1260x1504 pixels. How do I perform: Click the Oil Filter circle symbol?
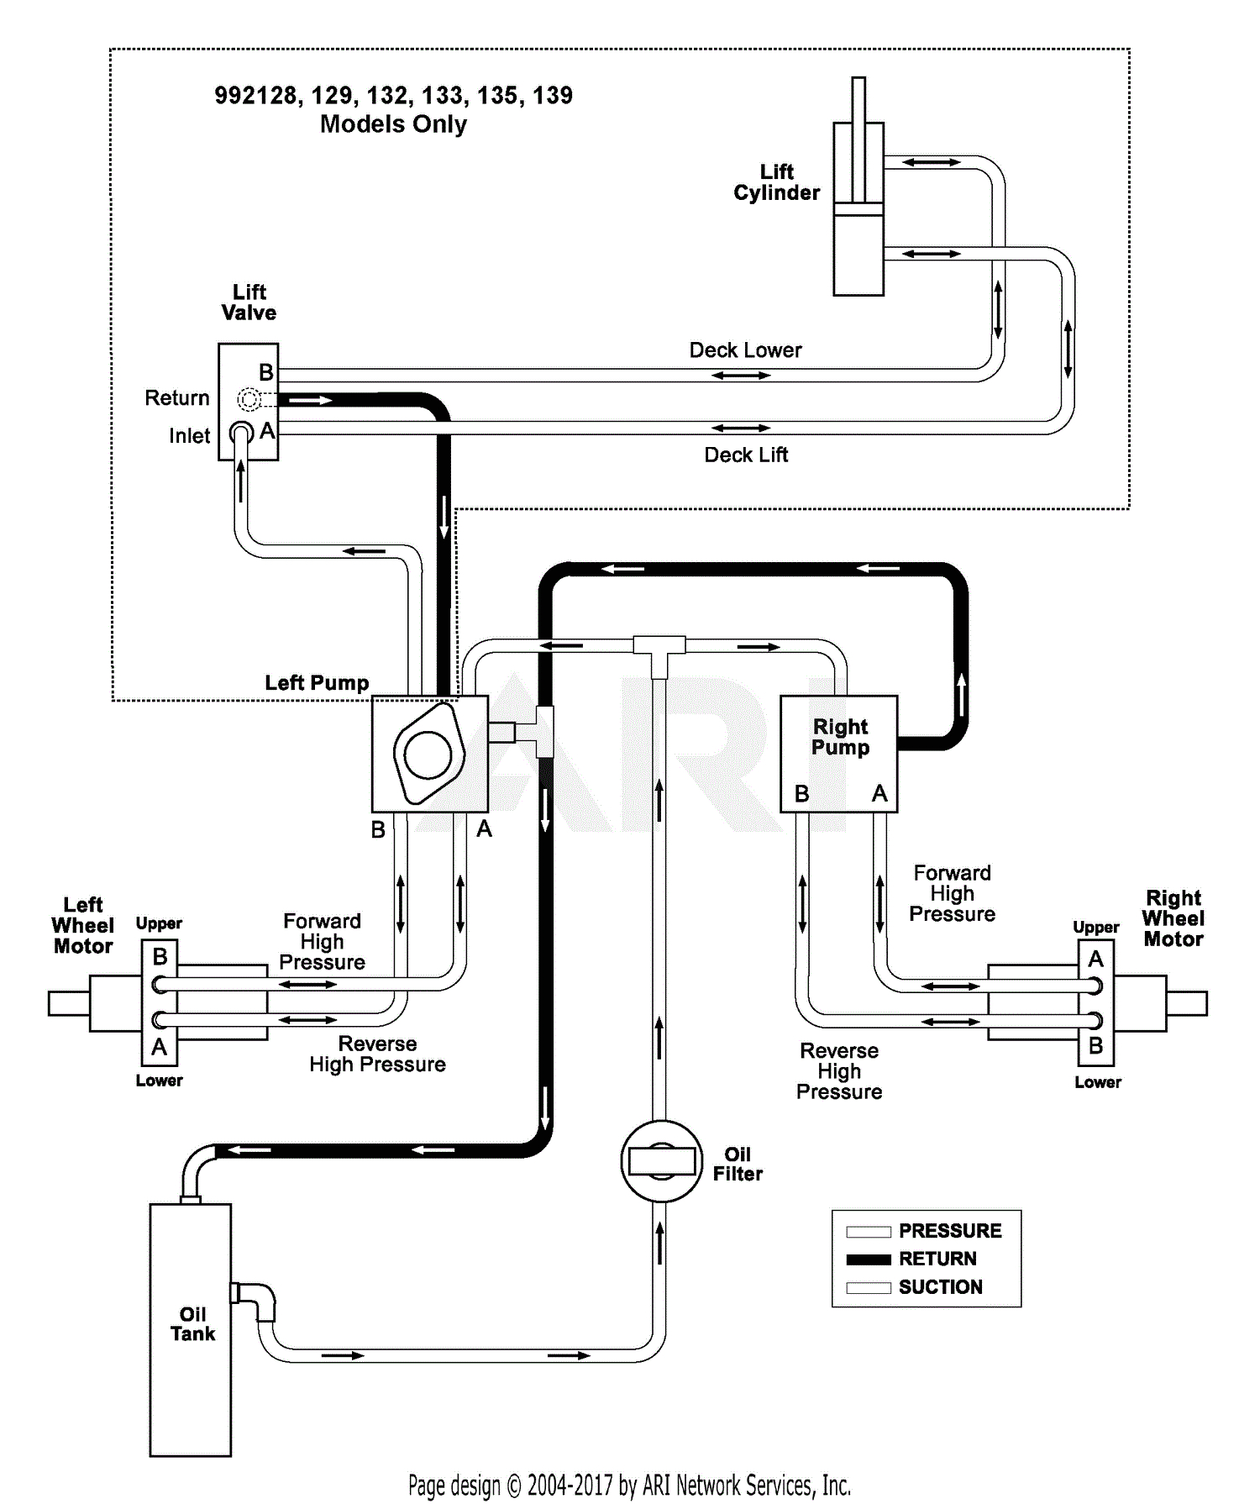pyautogui.click(x=661, y=1161)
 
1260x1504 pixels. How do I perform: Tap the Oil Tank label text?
pyautogui.click(x=192, y=1323)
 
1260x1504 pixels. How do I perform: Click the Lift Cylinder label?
pyautogui.click(x=776, y=182)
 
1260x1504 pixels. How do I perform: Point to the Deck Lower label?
pyautogui.click(x=745, y=350)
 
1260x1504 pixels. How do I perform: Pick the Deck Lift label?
pyautogui.click(x=746, y=455)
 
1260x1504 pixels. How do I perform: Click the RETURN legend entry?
pyautogui.click(x=937, y=1259)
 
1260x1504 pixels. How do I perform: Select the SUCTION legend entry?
pyautogui.click(x=939, y=1287)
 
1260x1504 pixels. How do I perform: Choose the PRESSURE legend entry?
pyautogui.click(x=949, y=1231)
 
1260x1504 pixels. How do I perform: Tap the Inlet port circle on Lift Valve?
pyautogui.click(x=241, y=434)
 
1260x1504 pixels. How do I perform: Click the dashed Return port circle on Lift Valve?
pyautogui.click(x=249, y=399)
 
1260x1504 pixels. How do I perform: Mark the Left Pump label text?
pyautogui.click(x=317, y=682)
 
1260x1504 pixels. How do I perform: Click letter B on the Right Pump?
pyautogui.click(x=801, y=793)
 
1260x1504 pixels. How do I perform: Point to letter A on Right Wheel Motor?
pyautogui.click(x=1095, y=959)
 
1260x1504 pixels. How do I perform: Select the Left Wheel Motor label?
pyautogui.click(x=82, y=925)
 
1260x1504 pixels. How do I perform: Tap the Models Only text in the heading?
pyautogui.click(x=393, y=124)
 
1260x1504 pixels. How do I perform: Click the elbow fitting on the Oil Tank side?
pyautogui.click(x=256, y=1299)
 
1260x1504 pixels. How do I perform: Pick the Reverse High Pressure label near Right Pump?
pyautogui.click(x=839, y=1071)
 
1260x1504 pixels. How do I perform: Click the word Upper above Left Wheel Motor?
pyautogui.click(x=159, y=923)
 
